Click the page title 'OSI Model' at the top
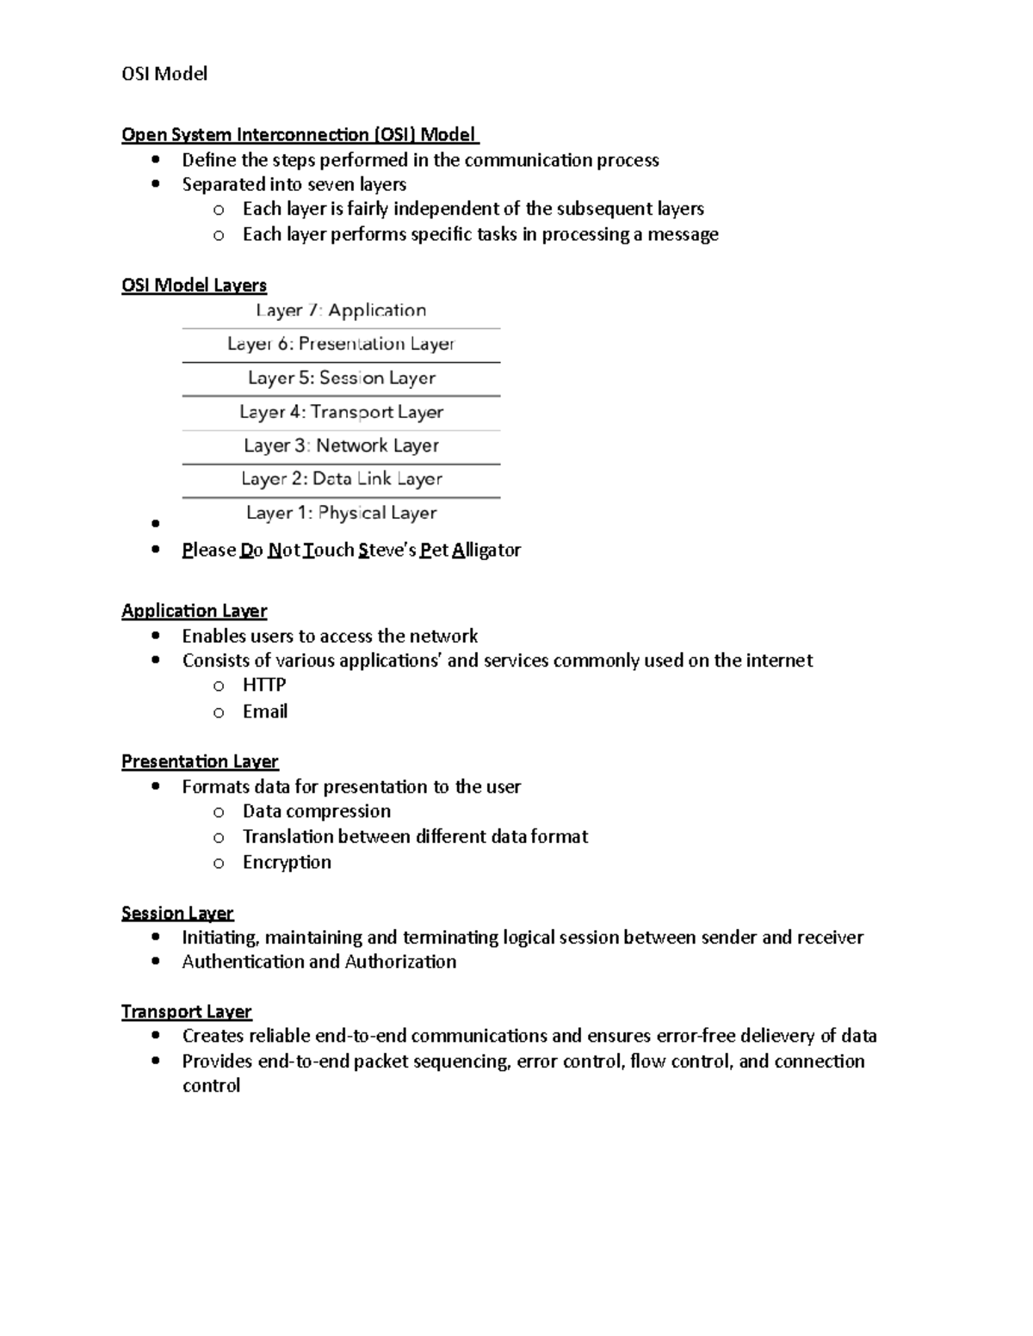click(164, 74)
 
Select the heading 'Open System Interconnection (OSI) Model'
click(299, 134)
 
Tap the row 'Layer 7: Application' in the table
click(341, 311)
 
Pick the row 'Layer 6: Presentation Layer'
click(341, 344)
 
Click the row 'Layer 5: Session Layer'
click(341, 379)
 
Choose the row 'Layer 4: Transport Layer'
click(341, 412)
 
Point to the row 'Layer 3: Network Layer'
click(341, 446)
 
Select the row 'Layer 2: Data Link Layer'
click(341, 479)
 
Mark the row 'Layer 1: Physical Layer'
click(341, 513)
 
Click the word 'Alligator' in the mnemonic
click(486, 550)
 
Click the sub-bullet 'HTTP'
click(263, 685)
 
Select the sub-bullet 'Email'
click(264, 711)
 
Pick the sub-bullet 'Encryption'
click(287, 862)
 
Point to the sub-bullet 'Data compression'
click(316, 811)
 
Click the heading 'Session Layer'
click(177, 913)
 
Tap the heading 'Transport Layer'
click(187, 1012)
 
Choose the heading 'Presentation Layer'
click(200, 761)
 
